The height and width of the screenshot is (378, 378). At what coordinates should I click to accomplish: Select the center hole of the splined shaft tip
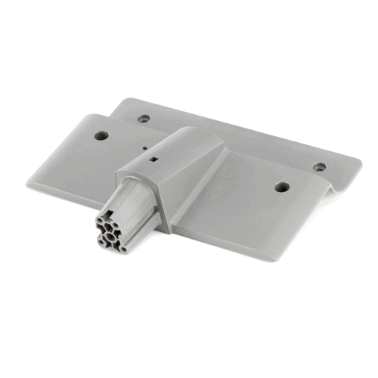(x=110, y=236)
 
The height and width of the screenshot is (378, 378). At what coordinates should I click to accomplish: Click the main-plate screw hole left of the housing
(x=101, y=136)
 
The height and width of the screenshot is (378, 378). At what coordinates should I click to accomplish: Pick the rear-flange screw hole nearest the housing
(x=144, y=119)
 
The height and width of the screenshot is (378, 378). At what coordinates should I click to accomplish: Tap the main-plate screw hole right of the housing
(x=281, y=186)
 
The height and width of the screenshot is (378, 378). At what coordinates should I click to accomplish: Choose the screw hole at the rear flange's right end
(x=320, y=166)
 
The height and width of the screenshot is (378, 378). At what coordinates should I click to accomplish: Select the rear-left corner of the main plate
(x=83, y=117)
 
